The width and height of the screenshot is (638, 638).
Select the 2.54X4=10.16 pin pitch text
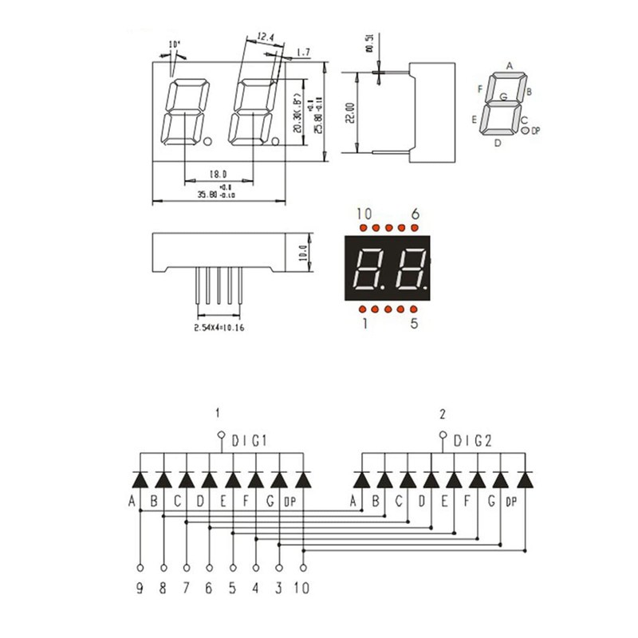click(x=220, y=328)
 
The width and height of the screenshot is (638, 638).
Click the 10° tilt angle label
click(x=175, y=44)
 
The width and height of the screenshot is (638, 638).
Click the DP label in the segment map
click(x=536, y=131)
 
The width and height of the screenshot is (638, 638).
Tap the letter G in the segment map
click(x=503, y=96)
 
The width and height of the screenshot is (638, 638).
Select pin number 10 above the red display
click(x=364, y=214)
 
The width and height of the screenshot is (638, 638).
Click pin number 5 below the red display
click(x=414, y=323)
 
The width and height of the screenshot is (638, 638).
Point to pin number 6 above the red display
click(x=414, y=214)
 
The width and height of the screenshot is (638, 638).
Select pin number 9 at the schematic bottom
click(x=140, y=589)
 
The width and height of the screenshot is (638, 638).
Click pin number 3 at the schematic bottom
click(x=279, y=589)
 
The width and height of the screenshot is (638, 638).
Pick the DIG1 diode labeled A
click(x=140, y=479)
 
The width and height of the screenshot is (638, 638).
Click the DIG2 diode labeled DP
click(x=525, y=479)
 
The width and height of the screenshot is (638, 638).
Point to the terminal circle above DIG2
click(x=443, y=435)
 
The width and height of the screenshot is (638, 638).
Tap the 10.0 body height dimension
click(x=302, y=253)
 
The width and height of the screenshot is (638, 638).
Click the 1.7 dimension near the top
click(x=302, y=53)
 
